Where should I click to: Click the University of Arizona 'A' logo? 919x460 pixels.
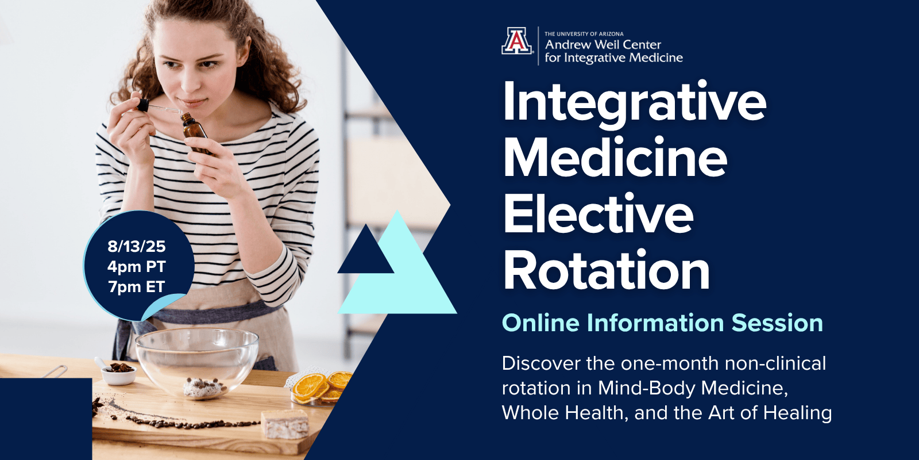(517, 41)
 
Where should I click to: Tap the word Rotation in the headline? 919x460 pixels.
(607, 270)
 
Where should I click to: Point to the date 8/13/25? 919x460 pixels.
(137, 246)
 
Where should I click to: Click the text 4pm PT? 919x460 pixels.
(137, 267)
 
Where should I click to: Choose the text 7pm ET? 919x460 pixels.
(137, 287)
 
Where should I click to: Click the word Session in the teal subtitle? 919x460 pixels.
(778, 323)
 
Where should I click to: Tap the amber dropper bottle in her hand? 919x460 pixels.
(196, 133)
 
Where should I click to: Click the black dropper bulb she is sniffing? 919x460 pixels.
(143, 105)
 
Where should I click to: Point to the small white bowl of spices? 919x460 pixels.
(118, 373)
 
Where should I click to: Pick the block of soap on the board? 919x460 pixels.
(285, 424)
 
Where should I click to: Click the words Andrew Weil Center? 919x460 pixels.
(603, 44)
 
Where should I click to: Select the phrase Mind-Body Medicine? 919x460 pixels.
(693, 388)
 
